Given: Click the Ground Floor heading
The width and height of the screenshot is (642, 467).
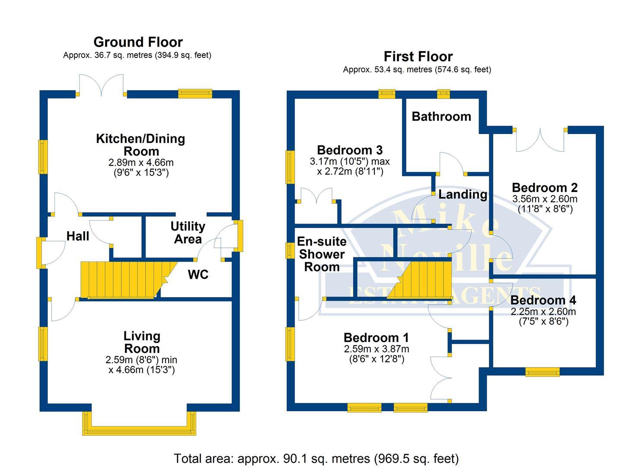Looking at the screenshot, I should tap(138, 42).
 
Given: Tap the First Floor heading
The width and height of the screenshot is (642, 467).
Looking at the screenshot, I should tap(418, 56).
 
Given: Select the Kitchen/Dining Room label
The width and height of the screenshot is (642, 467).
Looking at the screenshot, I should tap(141, 145).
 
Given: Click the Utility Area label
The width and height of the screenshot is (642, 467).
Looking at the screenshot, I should tap(188, 233).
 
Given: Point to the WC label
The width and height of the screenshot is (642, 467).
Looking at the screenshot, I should tap(198, 275).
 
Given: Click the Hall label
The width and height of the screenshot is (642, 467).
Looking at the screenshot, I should tap(78, 236).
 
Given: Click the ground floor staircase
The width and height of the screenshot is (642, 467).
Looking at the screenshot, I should tap(125, 280).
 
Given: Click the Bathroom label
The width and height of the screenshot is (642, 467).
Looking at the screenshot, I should tap(441, 116).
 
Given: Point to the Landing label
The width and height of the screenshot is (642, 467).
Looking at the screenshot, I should tap(462, 195).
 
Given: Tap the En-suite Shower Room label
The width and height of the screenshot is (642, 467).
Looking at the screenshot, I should tap(322, 254).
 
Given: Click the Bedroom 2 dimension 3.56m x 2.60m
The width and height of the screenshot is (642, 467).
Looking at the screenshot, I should tap(544, 199).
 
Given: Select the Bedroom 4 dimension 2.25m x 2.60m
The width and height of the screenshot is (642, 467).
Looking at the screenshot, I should tap(543, 312).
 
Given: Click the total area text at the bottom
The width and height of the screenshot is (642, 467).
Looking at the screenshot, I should tap(316, 458).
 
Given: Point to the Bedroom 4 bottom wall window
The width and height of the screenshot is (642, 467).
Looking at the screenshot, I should tap(543, 371).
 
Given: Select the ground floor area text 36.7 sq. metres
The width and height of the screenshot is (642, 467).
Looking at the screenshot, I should tap(137, 55).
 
